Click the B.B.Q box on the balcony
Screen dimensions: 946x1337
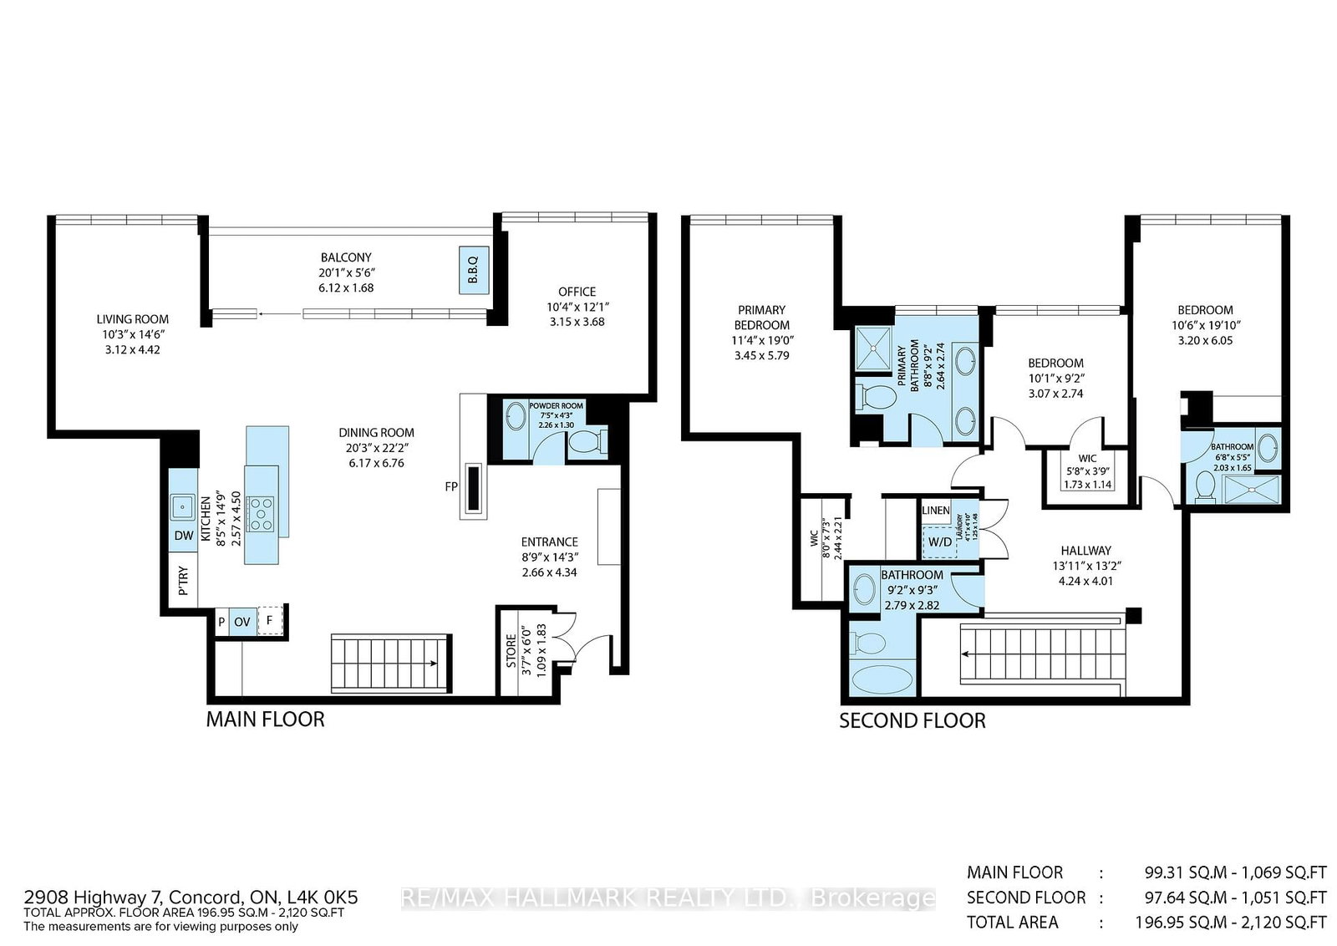(x=472, y=270)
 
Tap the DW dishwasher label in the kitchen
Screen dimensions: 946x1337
(x=183, y=536)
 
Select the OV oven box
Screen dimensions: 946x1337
(x=242, y=622)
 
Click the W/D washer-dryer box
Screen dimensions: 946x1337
(x=939, y=542)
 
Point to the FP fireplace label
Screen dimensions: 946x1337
(x=451, y=486)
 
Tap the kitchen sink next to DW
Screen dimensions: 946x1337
(x=182, y=506)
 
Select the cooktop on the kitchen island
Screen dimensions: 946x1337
(x=262, y=513)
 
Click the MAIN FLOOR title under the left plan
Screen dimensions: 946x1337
(x=265, y=719)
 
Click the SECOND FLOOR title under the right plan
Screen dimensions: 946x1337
(x=912, y=720)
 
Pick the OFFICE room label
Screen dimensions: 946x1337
(x=577, y=292)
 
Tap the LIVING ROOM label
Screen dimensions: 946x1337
(x=132, y=318)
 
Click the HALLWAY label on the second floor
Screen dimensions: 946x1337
(x=1085, y=550)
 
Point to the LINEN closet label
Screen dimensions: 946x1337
(x=935, y=511)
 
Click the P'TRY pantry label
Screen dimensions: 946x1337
(x=184, y=581)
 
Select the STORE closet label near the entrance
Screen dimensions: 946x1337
(x=511, y=652)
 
